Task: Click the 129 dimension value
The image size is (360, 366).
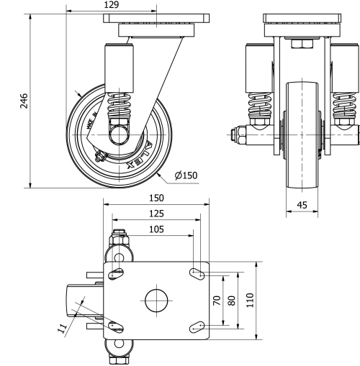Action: click(x=112, y=5)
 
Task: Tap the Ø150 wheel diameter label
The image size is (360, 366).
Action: click(x=185, y=175)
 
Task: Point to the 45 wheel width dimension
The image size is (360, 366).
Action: click(x=302, y=206)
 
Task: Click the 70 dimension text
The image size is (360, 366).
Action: click(x=216, y=301)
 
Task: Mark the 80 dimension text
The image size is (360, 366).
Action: click(x=231, y=301)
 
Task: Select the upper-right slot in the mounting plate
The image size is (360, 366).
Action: click(x=195, y=273)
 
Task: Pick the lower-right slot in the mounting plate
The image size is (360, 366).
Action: click(x=195, y=328)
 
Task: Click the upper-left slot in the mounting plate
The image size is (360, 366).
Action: click(x=115, y=273)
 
